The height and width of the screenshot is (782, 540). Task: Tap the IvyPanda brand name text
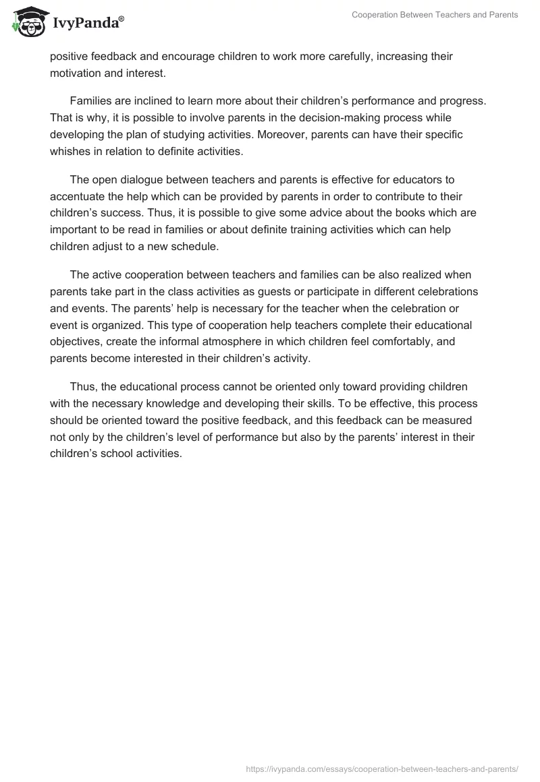pyautogui.click(x=88, y=24)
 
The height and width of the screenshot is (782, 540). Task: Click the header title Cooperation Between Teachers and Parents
pyautogui.click(x=435, y=15)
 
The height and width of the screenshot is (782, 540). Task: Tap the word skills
pyautogui.click(x=313, y=404)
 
